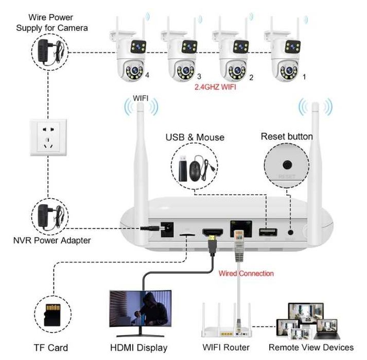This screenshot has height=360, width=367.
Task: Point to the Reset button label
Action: [287, 136]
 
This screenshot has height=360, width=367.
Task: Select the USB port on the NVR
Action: [266, 233]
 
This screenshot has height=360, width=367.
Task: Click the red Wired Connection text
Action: [246, 273]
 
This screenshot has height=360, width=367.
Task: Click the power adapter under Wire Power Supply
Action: [49, 51]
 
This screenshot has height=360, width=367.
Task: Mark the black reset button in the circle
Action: [287, 165]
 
